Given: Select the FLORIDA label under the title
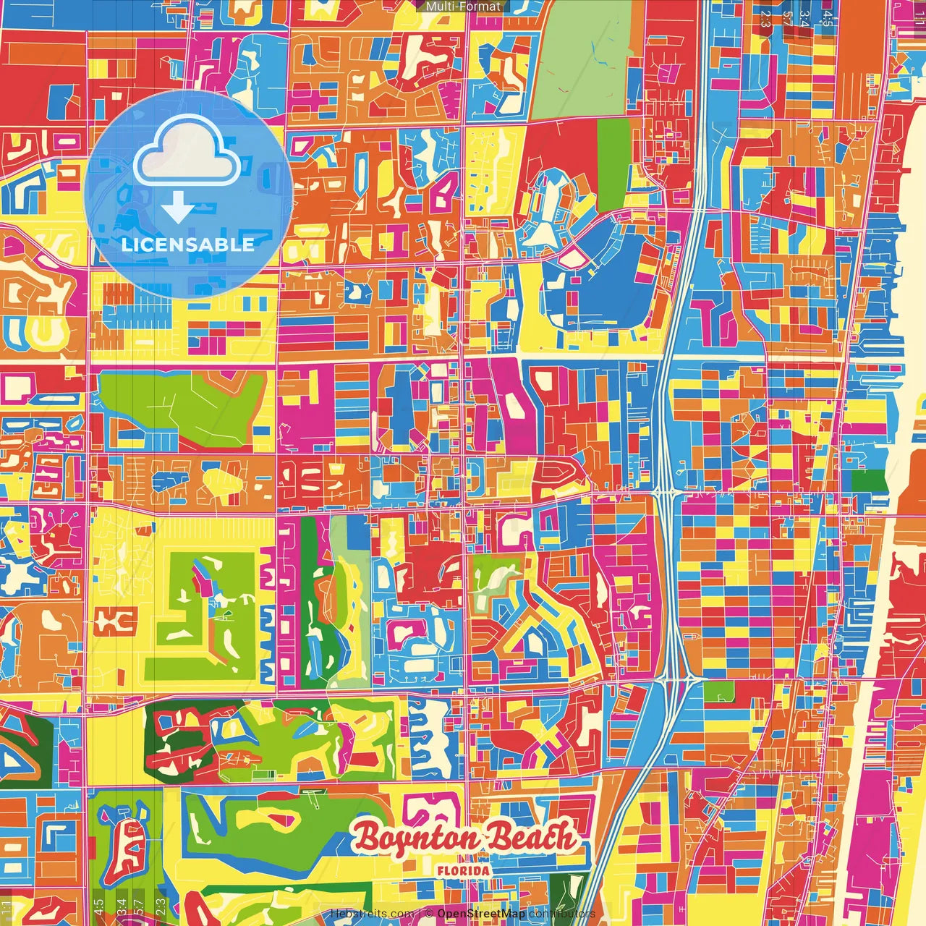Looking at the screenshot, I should coord(463,871).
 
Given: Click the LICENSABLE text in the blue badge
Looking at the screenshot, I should coord(188,245).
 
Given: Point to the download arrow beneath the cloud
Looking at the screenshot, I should coord(178,208).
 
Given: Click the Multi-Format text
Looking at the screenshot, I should coord(463,7).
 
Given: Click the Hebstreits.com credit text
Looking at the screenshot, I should coord(373,914).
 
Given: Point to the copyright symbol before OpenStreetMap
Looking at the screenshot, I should coord(429,914).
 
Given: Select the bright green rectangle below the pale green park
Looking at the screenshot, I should coord(613,154).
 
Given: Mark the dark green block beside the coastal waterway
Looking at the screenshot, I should coord(868,480).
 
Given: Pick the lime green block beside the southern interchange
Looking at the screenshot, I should coord(718,692).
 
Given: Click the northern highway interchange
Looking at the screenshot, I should coord(664,493).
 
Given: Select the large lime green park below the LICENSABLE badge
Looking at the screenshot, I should coord(181,405).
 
